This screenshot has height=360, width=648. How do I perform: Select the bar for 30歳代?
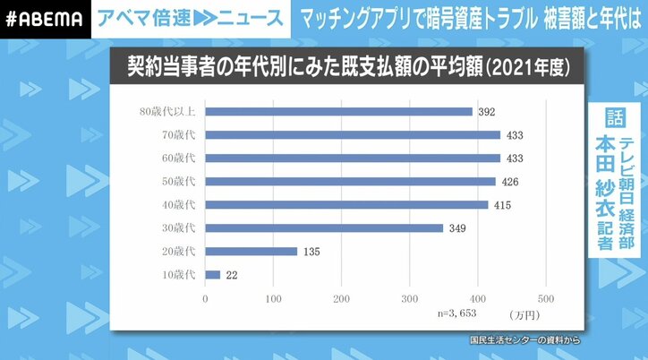pos(324,227)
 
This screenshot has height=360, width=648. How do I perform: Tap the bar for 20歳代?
pos(251,251)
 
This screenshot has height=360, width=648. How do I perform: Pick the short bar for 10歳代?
pos(213,274)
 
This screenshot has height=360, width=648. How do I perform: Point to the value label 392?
pos(488,112)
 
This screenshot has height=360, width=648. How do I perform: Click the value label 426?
pos(511,182)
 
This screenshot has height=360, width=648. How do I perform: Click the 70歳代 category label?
pos(181,135)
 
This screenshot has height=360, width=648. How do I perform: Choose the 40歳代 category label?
pos(181,205)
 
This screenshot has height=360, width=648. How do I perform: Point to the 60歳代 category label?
pos(181,159)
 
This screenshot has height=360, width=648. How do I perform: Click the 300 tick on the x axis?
pos(410,299)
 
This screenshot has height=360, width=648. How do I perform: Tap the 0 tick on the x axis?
pos(206,299)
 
